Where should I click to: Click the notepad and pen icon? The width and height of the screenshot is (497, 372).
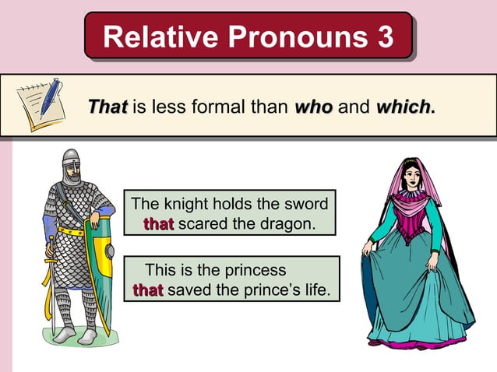click(41, 104)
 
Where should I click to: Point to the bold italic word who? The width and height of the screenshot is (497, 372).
click(313, 105)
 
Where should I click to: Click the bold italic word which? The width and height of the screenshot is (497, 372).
click(403, 105)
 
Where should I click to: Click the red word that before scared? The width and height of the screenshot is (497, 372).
click(158, 224)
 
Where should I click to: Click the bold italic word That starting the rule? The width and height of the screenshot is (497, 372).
click(108, 105)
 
